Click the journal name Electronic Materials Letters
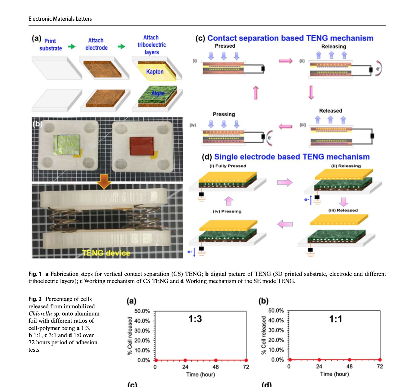click(60, 19)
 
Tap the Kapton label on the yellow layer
click(155, 72)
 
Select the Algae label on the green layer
click(158, 93)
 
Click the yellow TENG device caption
click(106, 253)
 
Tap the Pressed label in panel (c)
click(225, 46)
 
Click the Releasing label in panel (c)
click(334, 47)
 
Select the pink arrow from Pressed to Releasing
click(285, 61)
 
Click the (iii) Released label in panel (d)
click(343, 210)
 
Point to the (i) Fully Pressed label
click(228, 166)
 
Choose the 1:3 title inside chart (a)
click(195, 319)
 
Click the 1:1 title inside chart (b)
click(335, 319)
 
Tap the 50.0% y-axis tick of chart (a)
click(142, 311)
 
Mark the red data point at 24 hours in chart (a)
click(185, 360)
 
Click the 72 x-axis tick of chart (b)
click(380, 367)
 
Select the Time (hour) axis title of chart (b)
click(334, 374)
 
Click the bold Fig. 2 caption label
click(35, 299)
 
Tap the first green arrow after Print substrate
click(72, 47)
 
